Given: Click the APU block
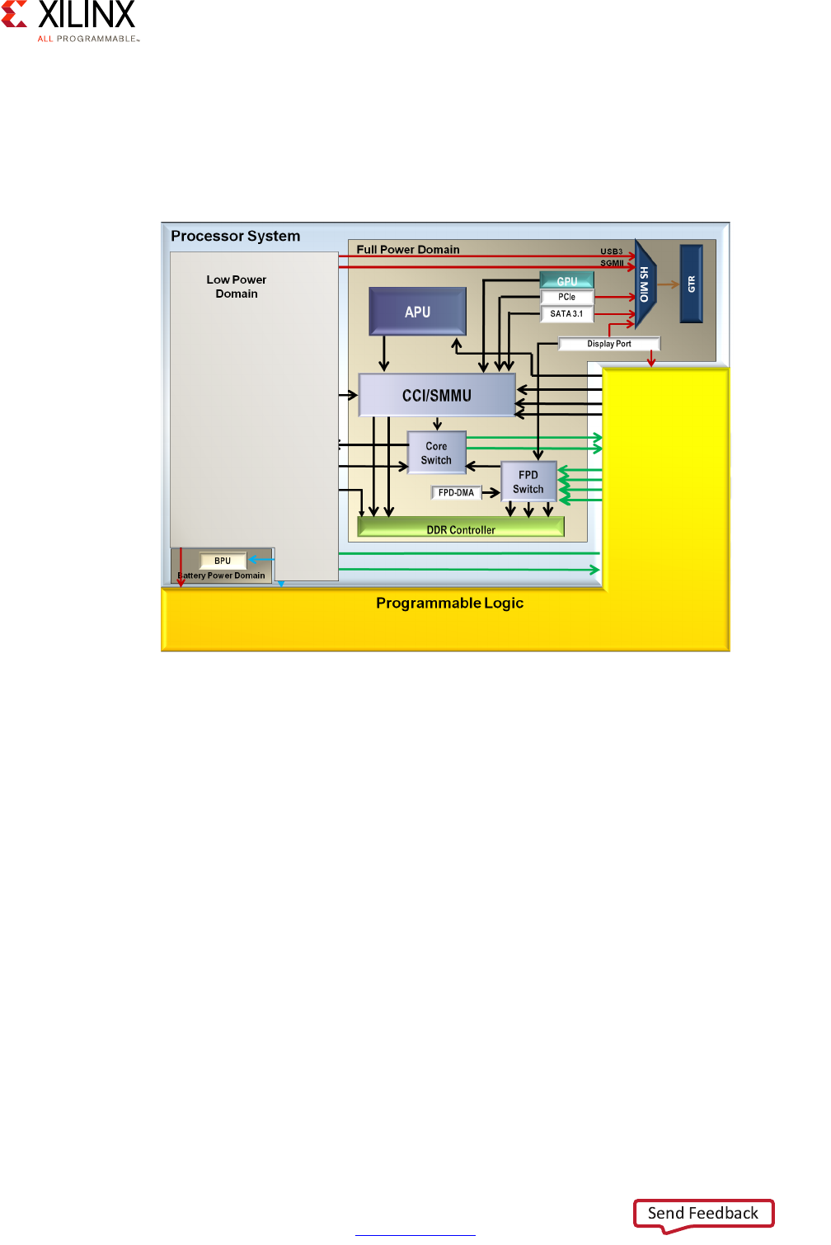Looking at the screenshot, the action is (417, 312).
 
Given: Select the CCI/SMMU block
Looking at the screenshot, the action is (437, 396).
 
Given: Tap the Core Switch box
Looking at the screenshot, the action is (436, 453).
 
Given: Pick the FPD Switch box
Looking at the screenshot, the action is (528, 482).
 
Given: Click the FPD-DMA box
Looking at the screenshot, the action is (456, 493).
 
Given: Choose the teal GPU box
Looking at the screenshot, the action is (567, 281).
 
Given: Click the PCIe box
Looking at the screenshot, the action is (567, 297).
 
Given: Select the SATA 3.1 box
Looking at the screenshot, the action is (566, 313).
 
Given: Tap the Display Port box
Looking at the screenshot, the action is (609, 344).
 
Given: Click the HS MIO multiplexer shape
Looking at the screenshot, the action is (646, 284).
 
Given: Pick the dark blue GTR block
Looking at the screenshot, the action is (691, 284).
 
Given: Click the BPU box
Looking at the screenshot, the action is (223, 561).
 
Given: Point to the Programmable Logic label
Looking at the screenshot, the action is (449, 603).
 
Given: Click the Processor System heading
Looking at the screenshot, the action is (235, 236).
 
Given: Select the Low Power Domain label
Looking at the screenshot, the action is (237, 287).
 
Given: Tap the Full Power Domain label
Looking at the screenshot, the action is (408, 249).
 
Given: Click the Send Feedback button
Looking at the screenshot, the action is (703, 1213).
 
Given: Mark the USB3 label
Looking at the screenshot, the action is (611, 251).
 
